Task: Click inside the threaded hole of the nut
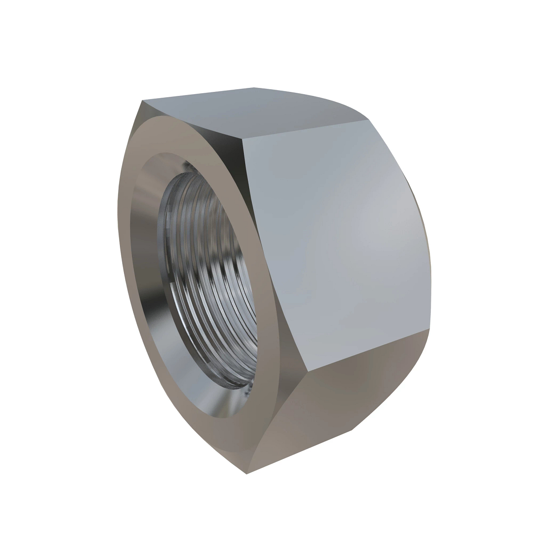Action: (213, 284)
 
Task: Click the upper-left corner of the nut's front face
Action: (143, 101)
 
